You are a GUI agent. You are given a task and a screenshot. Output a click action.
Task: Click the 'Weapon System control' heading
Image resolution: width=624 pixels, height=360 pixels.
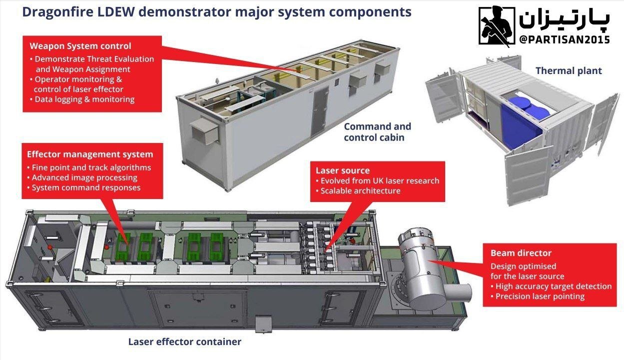(x=80, y=46)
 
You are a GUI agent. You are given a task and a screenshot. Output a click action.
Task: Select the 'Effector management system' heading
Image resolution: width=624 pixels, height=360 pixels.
(x=90, y=154)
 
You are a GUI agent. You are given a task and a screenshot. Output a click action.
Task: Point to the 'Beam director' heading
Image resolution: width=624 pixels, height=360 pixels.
(x=521, y=253)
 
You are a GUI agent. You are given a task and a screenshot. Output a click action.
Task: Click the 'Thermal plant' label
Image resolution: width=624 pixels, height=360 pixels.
(x=569, y=71)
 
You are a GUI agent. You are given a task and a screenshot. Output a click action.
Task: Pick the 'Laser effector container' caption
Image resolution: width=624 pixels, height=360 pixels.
(x=185, y=342)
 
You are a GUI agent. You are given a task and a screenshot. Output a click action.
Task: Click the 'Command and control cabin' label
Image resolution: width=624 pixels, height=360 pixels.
(x=377, y=132)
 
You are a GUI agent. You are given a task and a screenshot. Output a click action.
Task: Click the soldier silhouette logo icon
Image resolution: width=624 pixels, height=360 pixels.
(x=496, y=25)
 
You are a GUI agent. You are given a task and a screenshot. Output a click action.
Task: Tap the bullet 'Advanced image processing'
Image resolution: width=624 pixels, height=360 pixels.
(x=84, y=177)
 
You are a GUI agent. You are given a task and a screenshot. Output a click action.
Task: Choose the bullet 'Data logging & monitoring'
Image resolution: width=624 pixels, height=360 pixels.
(x=84, y=99)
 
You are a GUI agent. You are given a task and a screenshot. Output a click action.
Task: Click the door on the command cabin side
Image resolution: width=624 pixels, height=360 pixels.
(x=320, y=110)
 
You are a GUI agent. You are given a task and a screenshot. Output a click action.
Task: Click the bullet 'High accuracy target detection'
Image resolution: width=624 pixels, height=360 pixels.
(x=553, y=286)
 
